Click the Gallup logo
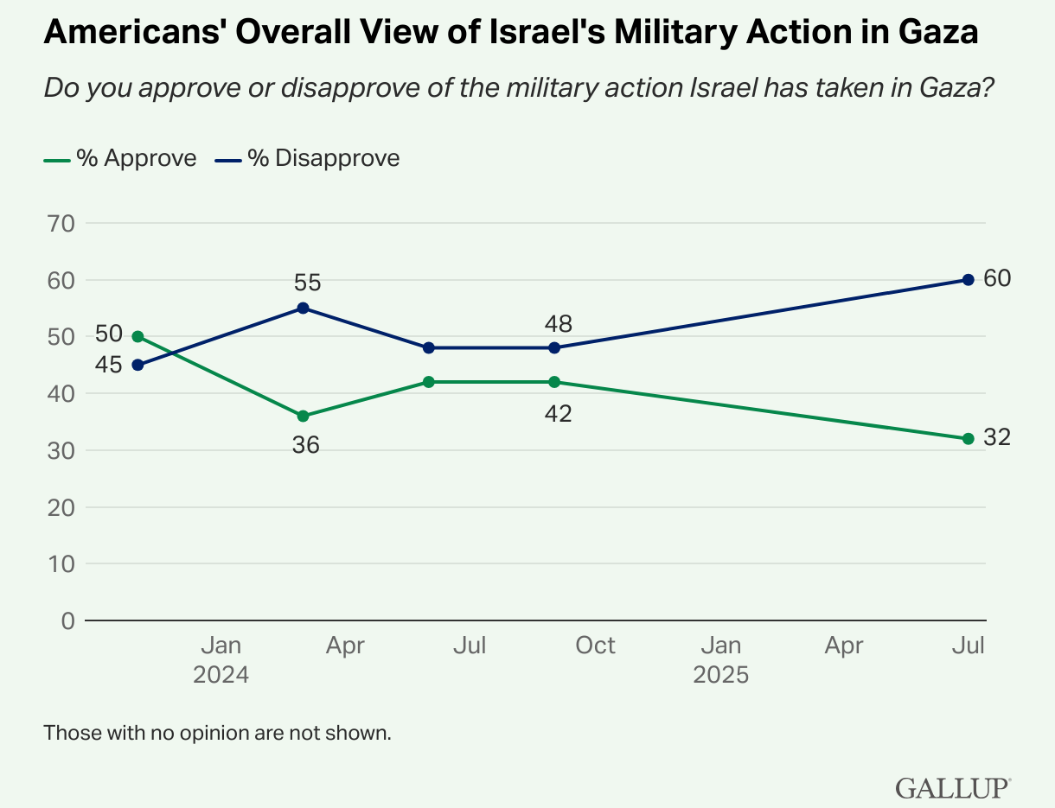(x=953, y=787)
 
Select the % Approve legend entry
(x=121, y=158)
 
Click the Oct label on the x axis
(x=595, y=646)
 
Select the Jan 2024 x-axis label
(x=221, y=659)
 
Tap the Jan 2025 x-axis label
(x=720, y=659)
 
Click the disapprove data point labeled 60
(x=968, y=280)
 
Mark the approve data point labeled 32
(x=968, y=439)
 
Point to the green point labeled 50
(x=137, y=336)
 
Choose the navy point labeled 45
(x=137, y=365)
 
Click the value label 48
(x=559, y=324)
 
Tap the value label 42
(x=559, y=414)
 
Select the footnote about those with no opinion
(x=218, y=734)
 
